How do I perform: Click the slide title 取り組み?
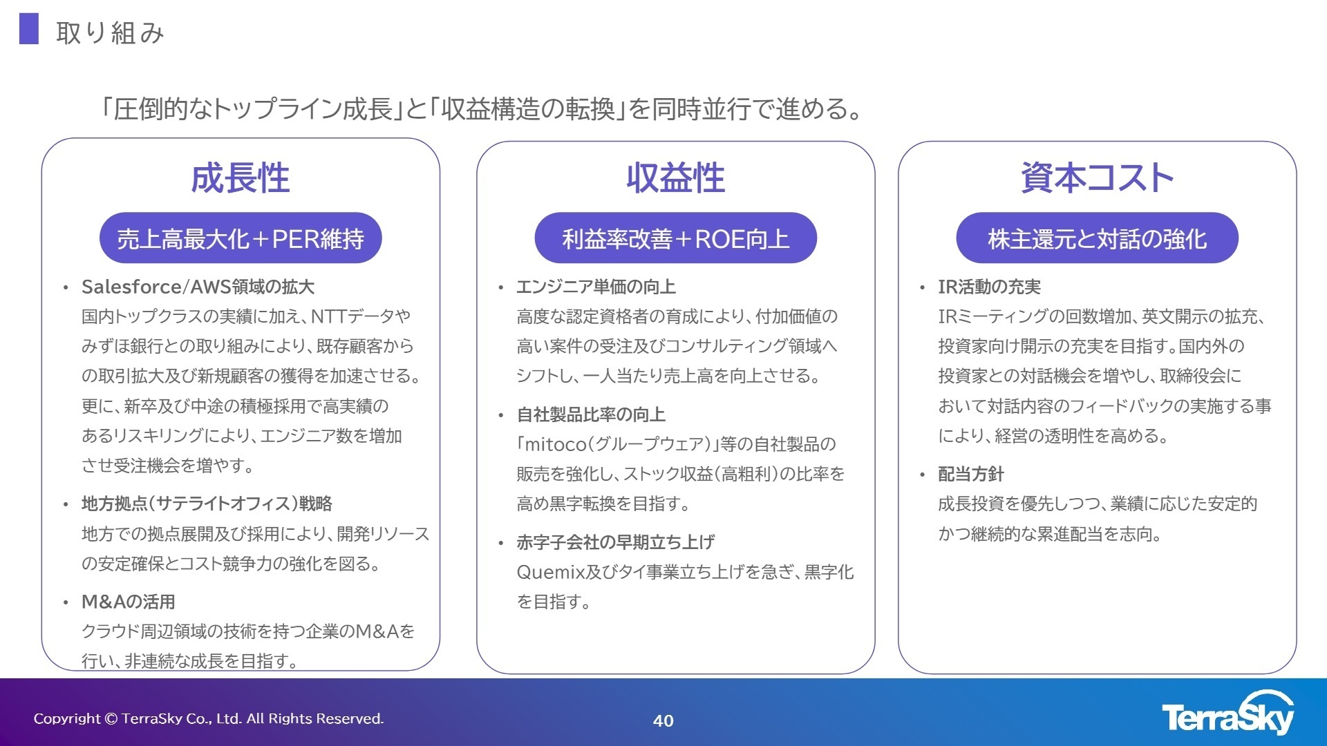(x=110, y=32)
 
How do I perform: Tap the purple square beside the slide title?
(x=29, y=29)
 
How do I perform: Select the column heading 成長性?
(x=240, y=178)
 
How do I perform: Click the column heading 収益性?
(x=675, y=178)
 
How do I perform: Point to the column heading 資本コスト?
(x=1097, y=178)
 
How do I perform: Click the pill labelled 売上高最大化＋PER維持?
(x=241, y=238)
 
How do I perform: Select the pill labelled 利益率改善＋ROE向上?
(x=675, y=238)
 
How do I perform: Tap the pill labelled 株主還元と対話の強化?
(x=1097, y=238)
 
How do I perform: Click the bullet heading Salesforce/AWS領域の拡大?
(x=198, y=287)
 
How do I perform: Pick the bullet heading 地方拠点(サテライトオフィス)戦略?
(x=207, y=504)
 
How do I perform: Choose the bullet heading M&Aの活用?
(x=128, y=602)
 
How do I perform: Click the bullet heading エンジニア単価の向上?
(x=596, y=287)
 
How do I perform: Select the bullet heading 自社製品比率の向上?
(x=591, y=414)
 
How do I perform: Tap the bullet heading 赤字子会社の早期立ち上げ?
(x=615, y=542)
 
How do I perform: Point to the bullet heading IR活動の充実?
(x=989, y=287)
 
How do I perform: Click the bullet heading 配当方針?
(x=970, y=474)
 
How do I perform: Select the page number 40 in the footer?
(x=663, y=720)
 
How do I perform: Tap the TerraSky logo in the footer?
(x=1227, y=715)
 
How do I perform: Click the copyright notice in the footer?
(x=209, y=718)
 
